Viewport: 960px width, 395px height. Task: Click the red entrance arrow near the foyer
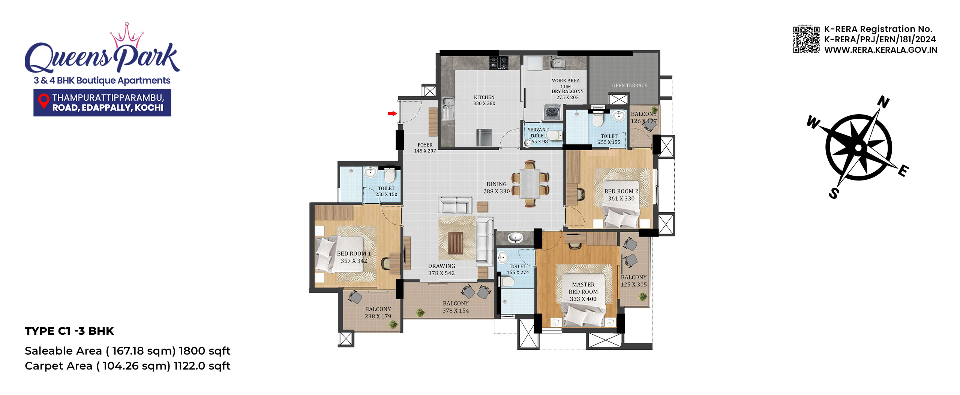tap(392, 113)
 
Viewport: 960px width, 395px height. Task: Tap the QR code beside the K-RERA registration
tap(806, 39)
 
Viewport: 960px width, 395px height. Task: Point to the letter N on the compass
tap(883, 102)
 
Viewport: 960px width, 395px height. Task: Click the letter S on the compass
tap(834, 193)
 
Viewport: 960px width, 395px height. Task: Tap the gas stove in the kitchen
tap(499, 63)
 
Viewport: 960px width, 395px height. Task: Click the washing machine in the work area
tap(552, 112)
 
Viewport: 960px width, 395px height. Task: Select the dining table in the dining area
tap(529, 184)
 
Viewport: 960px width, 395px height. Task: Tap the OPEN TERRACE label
tap(630, 85)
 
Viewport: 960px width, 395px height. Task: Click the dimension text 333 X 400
tap(583, 299)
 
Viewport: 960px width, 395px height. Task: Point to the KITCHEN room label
tap(484, 97)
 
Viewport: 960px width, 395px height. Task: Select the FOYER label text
tap(425, 145)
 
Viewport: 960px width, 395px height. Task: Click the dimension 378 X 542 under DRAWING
tap(441, 273)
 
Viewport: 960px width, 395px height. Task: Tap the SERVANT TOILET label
tap(538, 133)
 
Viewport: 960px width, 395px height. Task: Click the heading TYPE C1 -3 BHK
tap(69, 331)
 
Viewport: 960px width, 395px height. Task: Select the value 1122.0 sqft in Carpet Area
tap(202, 366)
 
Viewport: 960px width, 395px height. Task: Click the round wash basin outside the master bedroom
tap(515, 237)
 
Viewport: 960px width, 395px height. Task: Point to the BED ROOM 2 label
tap(621, 191)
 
